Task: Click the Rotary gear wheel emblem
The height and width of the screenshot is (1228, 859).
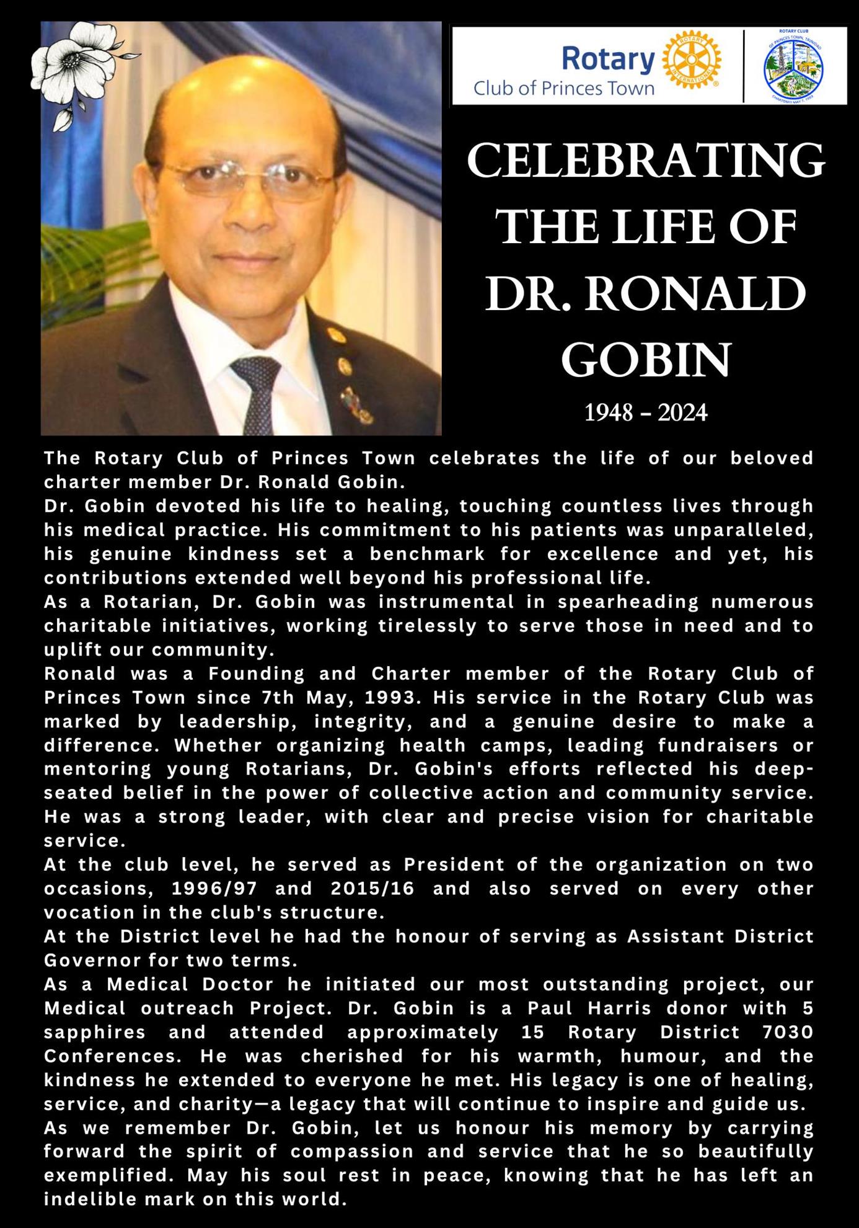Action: click(692, 60)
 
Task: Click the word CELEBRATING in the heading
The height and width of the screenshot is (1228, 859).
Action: click(646, 161)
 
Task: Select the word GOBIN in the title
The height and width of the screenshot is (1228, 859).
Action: click(646, 360)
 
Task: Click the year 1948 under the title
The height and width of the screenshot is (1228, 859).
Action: click(609, 413)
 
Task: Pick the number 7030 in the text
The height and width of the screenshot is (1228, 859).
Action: click(788, 1033)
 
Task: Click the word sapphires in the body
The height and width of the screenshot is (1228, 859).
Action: click(95, 1033)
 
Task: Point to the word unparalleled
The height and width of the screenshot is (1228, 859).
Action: click(743, 530)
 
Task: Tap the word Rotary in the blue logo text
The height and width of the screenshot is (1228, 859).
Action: click(608, 60)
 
